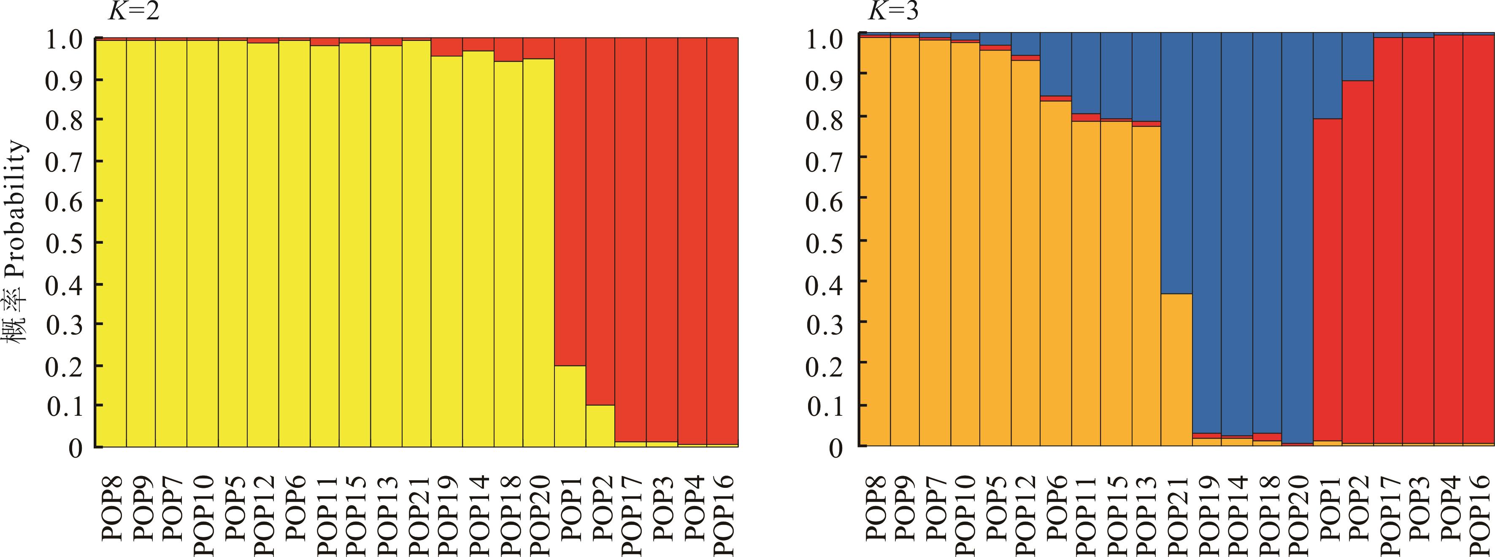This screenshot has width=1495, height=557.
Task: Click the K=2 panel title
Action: tap(133, 12)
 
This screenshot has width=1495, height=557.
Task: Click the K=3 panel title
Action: tap(893, 12)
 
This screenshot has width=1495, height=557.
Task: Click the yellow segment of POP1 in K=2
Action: tap(569, 406)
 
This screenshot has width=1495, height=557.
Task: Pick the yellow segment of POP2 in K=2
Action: tap(600, 426)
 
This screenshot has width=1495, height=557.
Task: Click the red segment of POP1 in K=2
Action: tap(569, 203)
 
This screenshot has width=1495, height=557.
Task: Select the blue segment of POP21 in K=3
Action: tap(1176, 162)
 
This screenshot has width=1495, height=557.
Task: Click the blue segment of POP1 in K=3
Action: tap(1328, 75)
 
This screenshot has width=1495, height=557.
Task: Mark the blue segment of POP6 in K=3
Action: tap(1055, 64)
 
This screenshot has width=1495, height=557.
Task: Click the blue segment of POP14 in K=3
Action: tap(1237, 232)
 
